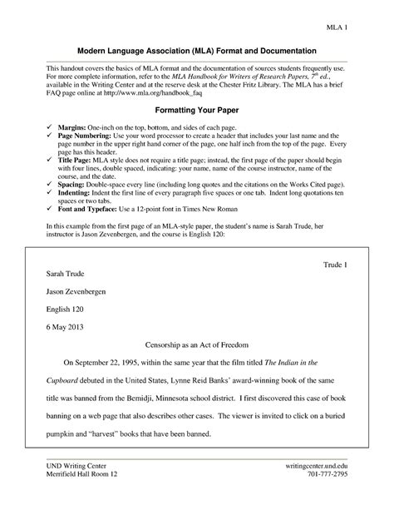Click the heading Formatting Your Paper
coord(197,110)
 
